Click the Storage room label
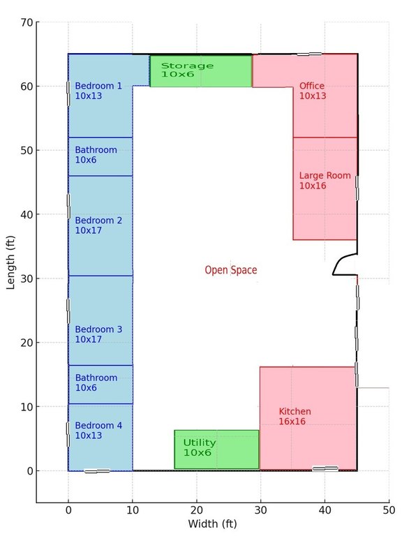click(x=187, y=70)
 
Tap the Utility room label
click(x=200, y=447)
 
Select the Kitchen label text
click(x=295, y=416)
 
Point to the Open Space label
click(x=231, y=270)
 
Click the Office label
click(x=313, y=91)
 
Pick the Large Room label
click(x=325, y=181)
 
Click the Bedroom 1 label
click(x=98, y=91)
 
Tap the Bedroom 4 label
click(x=98, y=430)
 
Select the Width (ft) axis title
click(x=212, y=523)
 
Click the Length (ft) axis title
click(x=11, y=262)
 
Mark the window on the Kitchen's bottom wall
click(x=325, y=469)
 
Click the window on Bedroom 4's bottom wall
click(x=97, y=471)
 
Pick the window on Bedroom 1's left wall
click(x=68, y=94)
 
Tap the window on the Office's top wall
click(x=309, y=54)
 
